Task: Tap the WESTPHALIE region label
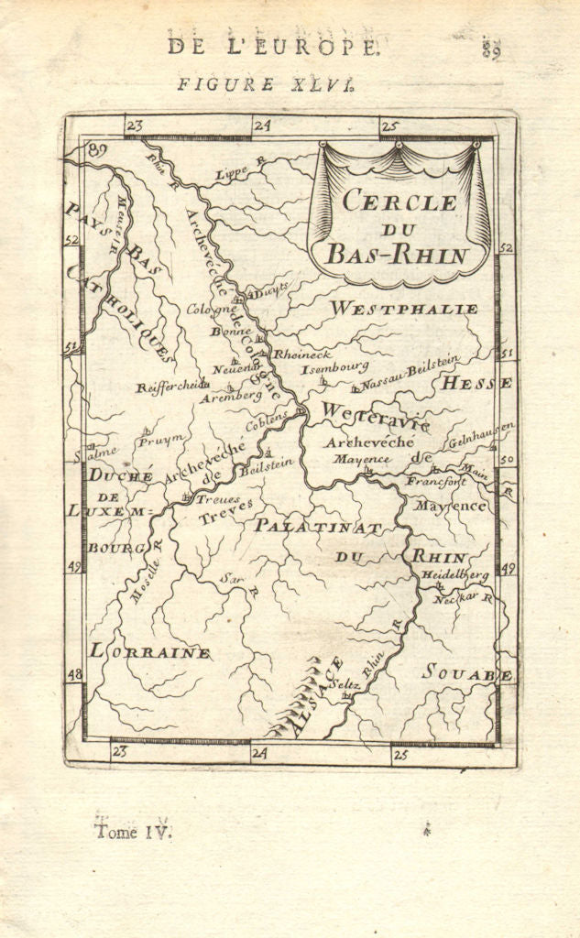click(x=404, y=310)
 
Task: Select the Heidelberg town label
click(x=454, y=574)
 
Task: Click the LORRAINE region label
click(x=150, y=653)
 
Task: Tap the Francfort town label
click(x=437, y=480)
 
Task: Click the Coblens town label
click(x=266, y=422)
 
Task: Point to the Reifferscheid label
click(x=171, y=387)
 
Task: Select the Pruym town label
click(x=161, y=440)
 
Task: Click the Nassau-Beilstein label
click(x=410, y=374)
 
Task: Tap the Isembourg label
click(x=335, y=368)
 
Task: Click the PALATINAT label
click(x=316, y=526)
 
